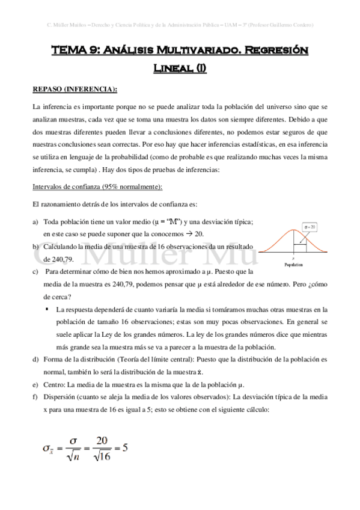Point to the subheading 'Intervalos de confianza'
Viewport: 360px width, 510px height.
point(66,187)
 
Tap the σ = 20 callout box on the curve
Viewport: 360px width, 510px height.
point(310,227)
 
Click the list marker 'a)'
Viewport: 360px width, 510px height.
point(35,222)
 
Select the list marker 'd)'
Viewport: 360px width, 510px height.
point(35,359)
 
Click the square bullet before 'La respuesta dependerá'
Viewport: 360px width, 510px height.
point(47,309)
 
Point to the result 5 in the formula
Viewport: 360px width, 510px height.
point(125,448)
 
